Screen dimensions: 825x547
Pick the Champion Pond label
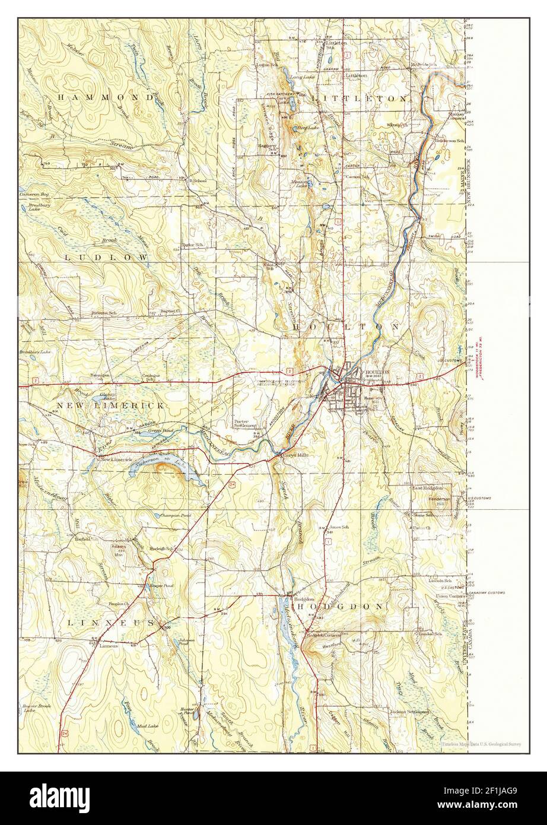174,516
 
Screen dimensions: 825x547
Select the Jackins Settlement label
409,711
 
